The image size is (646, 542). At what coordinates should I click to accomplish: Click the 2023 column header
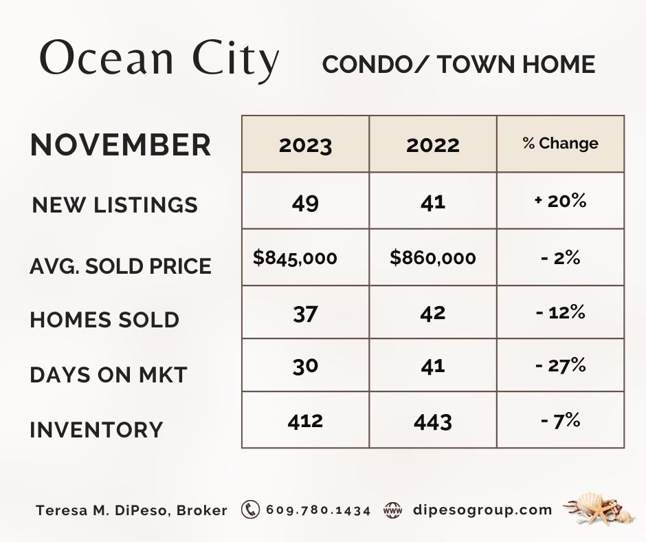[x=305, y=145]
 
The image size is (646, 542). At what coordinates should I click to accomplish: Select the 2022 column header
[x=432, y=145]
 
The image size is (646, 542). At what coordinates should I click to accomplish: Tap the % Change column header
[x=560, y=143]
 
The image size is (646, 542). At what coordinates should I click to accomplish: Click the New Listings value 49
[x=305, y=203]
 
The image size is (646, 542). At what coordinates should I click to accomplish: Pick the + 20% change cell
[x=560, y=201]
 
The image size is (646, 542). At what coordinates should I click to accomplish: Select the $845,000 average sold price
[x=295, y=258]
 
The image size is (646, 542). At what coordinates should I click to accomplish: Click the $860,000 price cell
[x=432, y=258]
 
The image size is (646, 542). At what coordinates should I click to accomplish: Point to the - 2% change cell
[x=560, y=258]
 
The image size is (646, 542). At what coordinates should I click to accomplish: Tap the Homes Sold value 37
[x=305, y=314]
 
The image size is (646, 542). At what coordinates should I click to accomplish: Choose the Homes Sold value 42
[x=432, y=313]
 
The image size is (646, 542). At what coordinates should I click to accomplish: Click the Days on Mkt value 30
[x=305, y=367]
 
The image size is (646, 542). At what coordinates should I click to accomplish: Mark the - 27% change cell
[x=560, y=365]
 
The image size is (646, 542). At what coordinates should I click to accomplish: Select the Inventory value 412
[x=305, y=422]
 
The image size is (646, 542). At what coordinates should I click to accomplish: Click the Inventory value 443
[x=432, y=422]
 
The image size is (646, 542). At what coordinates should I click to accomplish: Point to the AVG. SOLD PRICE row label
[x=120, y=266]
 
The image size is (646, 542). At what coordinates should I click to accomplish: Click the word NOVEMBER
[x=120, y=144]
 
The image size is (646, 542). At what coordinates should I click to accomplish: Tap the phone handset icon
[x=250, y=510]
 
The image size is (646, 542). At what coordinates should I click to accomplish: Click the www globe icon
[x=392, y=510]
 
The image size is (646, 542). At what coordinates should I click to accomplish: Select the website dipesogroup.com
[x=482, y=510]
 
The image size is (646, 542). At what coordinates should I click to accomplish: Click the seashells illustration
[x=597, y=508]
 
